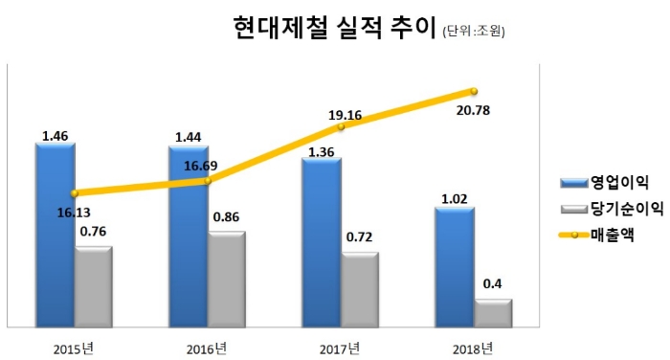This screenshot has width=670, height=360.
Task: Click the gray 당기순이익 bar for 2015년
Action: (93, 286)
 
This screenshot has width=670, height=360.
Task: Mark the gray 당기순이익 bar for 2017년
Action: (359, 289)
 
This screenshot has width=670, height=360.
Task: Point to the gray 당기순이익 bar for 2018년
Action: (493, 313)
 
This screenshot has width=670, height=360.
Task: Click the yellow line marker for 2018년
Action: (473, 91)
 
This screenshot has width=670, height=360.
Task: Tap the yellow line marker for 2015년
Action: (74, 192)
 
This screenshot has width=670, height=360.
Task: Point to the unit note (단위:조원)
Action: (474, 32)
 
